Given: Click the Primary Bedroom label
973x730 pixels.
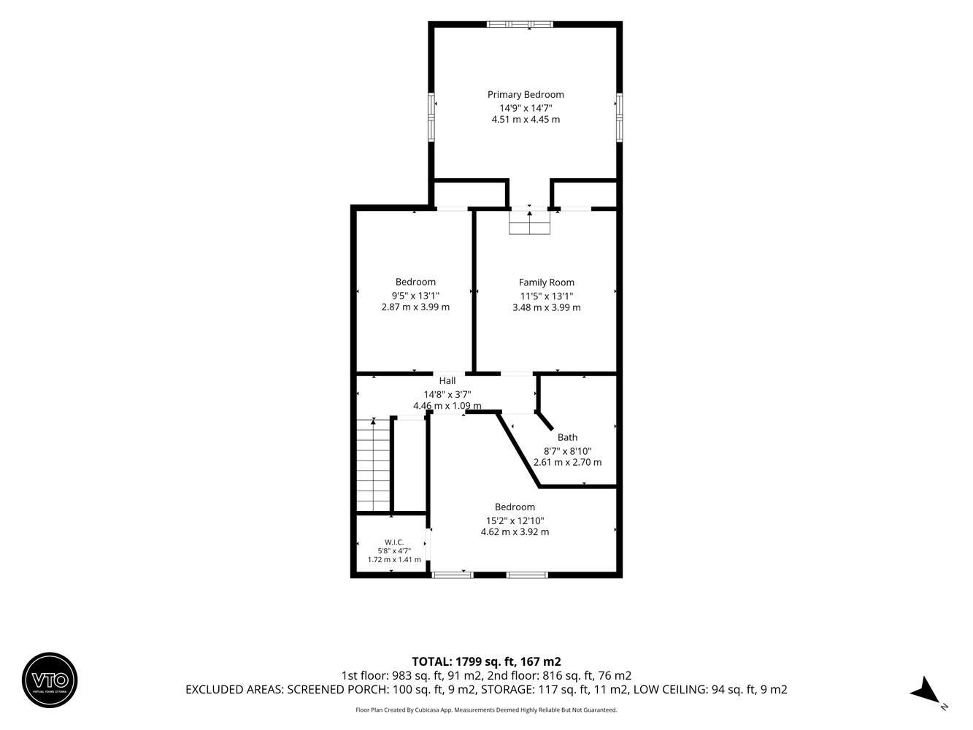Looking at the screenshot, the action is [x=526, y=95].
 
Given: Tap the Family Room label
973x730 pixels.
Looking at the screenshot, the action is [x=546, y=283].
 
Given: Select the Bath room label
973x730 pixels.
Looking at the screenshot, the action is [x=567, y=437].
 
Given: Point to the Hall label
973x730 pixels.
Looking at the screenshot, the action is [x=447, y=381].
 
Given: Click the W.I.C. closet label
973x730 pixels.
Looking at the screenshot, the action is [x=394, y=542].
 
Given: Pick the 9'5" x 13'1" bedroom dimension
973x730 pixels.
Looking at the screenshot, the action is [x=415, y=296].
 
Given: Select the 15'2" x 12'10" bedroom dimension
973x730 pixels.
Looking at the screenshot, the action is [x=515, y=520].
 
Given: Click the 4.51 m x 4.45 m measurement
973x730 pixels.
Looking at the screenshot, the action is [x=526, y=120].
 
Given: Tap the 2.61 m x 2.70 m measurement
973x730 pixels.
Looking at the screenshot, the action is [x=567, y=462].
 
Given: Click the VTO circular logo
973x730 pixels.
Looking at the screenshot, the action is [x=50, y=680].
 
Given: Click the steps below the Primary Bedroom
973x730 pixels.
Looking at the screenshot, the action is [x=529, y=222].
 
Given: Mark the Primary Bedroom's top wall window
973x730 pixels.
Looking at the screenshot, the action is [x=520, y=24].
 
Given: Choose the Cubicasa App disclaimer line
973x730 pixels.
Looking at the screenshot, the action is [x=486, y=710].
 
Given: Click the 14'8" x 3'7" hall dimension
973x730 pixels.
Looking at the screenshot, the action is [x=447, y=394].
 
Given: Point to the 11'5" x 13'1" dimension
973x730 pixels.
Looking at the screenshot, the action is [x=547, y=296].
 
